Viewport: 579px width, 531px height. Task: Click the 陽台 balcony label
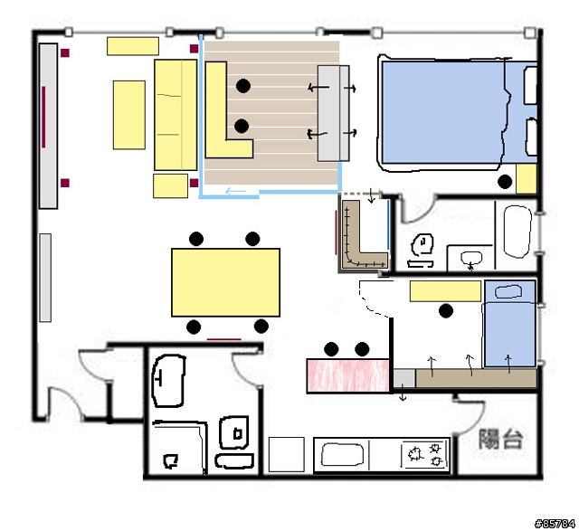tap(500, 439)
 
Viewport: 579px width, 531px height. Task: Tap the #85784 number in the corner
tap(555, 524)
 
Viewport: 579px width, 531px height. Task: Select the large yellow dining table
tap(225, 282)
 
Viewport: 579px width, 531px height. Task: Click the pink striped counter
tap(348, 375)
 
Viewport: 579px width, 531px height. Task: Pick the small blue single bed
tap(510, 324)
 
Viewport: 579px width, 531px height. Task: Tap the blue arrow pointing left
tap(235, 191)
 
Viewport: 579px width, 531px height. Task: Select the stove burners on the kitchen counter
tap(425, 455)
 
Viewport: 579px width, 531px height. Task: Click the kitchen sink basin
tap(342, 455)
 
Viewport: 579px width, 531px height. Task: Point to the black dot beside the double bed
tap(505, 181)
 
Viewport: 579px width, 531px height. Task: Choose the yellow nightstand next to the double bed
tap(526, 179)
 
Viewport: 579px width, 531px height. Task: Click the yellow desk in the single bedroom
tap(445, 291)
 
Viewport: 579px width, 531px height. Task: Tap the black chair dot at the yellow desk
tap(446, 311)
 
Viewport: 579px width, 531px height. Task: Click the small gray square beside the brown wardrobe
tap(404, 378)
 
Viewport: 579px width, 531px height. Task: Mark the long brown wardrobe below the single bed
tap(476, 378)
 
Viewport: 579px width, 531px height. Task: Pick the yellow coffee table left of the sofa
tap(128, 115)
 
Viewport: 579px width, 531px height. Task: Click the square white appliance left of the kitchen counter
tap(287, 455)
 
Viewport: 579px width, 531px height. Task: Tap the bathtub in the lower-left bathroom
tap(168, 381)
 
